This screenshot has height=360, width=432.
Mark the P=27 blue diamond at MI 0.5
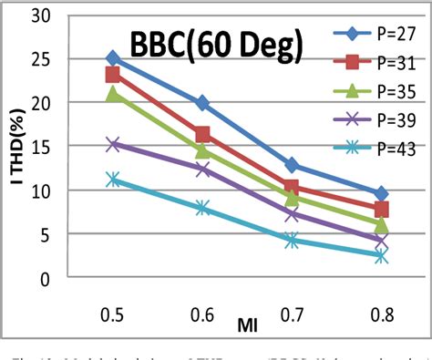pyautogui.click(x=113, y=58)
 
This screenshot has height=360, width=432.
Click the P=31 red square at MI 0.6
pyautogui.click(x=202, y=135)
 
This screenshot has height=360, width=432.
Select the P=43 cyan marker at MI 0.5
pyautogui.click(x=113, y=180)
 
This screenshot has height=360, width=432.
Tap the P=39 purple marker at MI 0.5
pyautogui.click(x=113, y=144)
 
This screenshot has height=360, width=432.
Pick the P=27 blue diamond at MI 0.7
pyautogui.click(x=292, y=165)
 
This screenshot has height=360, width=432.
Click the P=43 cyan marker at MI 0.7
pyautogui.click(x=292, y=241)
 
